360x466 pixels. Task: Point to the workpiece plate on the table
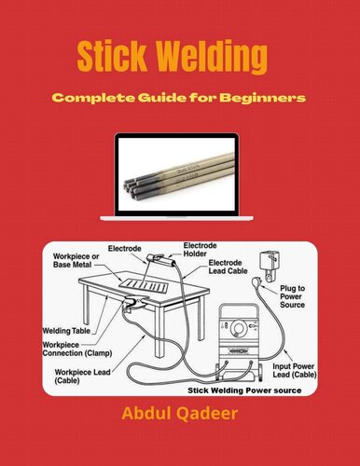coord(149,281)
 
